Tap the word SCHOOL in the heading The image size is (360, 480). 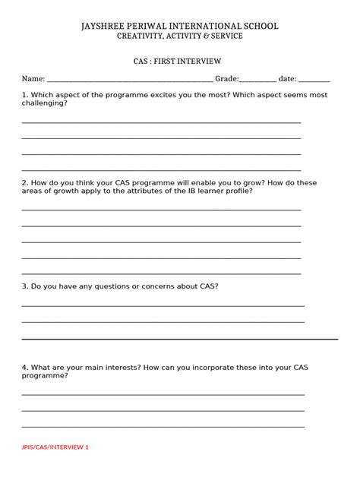pos(258,27)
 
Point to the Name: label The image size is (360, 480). pos(33,78)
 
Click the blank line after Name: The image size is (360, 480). pos(129,80)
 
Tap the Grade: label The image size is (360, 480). pos(227,78)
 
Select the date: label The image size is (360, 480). pos(288,78)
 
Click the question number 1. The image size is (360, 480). pos(24,95)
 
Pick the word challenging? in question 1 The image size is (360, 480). pos(45,103)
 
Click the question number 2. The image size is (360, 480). pos(24,183)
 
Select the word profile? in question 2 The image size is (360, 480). pos(238,191)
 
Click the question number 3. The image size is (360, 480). pos(24,286)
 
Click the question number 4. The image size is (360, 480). pos(24,367)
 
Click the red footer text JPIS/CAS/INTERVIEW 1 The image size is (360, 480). pos(55,447)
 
